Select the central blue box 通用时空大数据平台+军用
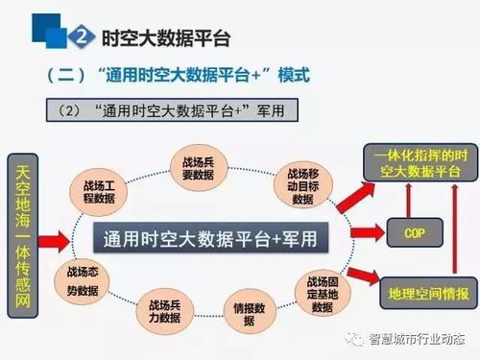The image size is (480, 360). click(209, 236)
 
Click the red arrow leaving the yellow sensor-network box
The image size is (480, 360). click(55, 236)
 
